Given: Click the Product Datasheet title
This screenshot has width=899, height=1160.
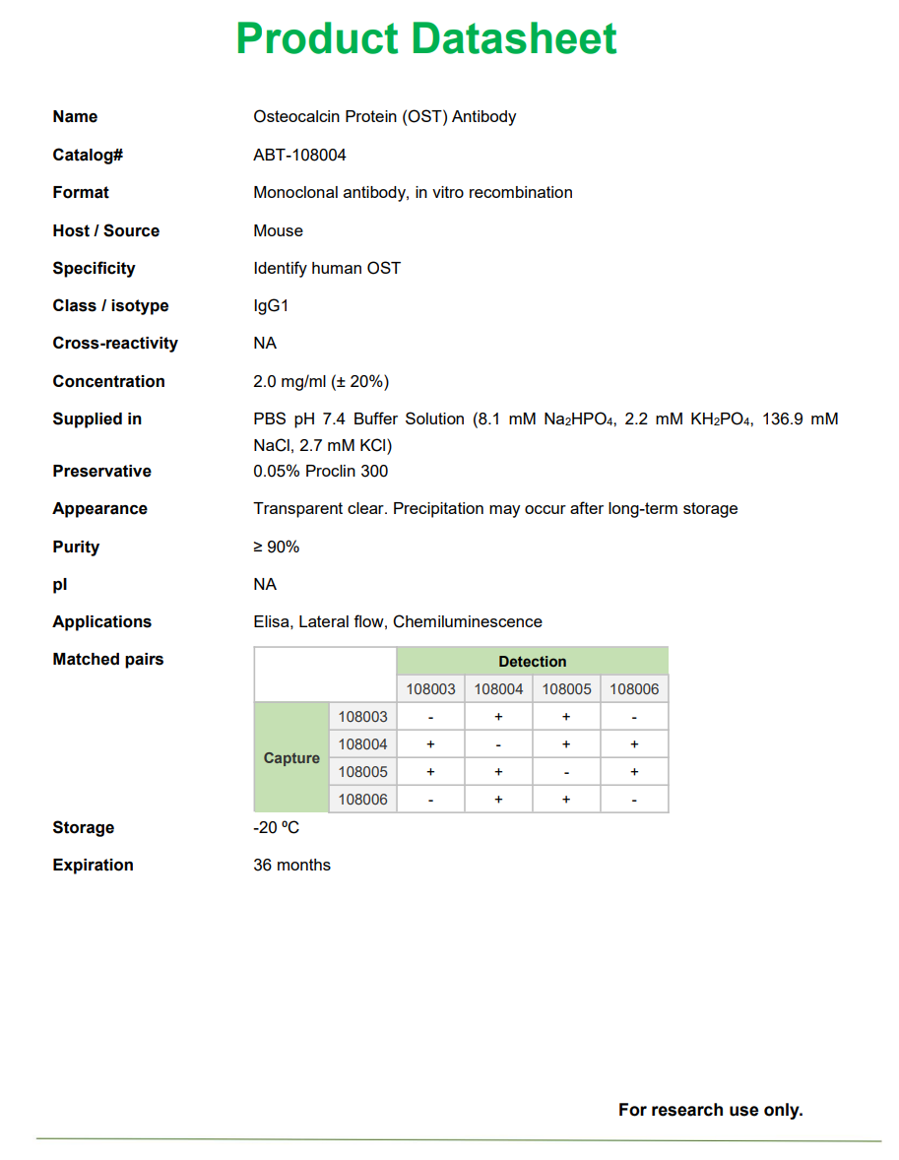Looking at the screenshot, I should click(x=425, y=39).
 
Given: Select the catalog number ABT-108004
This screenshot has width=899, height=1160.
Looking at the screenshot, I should click(x=299, y=155).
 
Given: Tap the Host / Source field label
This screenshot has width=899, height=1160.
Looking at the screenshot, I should click(x=105, y=230).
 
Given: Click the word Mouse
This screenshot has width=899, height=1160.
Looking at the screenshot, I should click(x=278, y=230).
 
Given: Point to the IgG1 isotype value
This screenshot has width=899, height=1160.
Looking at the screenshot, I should click(x=271, y=305).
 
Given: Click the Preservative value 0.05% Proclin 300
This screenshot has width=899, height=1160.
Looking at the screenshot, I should click(x=320, y=471).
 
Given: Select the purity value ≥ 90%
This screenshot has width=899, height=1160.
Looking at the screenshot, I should click(x=276, y=547).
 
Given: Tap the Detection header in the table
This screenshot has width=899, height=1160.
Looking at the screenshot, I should click(x=532, y=662).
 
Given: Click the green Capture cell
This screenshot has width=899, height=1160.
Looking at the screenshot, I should click(x=291, y=758).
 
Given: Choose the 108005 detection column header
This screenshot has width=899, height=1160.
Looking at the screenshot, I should click(x=566, y=689).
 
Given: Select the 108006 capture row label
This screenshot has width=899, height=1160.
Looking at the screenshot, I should click(x=362, y=800).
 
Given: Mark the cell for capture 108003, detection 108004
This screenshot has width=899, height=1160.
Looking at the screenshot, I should click(x=498, y=717).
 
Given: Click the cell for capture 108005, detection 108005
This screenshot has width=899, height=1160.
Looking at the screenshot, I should click(x=566, y=772).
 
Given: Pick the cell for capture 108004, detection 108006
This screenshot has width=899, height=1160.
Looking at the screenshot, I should click(x=634, y=744).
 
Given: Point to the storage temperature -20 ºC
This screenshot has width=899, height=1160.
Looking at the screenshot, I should click(x=276, y=827).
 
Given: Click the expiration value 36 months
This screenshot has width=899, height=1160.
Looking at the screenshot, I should click(x=291, y=865).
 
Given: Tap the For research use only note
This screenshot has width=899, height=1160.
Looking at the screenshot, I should click(x=710, y=1110).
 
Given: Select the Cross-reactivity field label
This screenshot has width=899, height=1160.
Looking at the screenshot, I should click(x=115, y=343).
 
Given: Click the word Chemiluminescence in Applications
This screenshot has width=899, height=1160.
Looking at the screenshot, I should click(x=467, y=621).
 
